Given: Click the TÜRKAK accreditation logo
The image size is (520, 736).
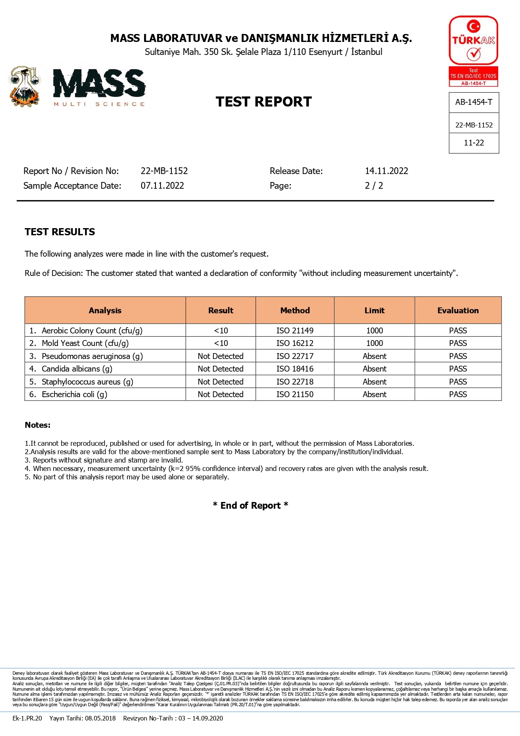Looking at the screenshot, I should point(473,51).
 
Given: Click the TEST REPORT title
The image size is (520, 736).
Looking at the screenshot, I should point(264,102).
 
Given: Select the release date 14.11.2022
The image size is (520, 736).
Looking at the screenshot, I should point(386,171).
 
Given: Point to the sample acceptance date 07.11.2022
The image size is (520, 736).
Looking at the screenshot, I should point(162,186).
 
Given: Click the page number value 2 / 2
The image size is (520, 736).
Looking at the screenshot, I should point(374,186).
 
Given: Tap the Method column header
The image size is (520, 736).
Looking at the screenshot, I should point(295,310).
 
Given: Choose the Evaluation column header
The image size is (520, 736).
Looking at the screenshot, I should point(458,310).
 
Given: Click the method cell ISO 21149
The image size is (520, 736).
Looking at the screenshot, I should point(295,330).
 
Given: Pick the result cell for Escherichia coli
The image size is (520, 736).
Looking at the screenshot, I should point(220,395).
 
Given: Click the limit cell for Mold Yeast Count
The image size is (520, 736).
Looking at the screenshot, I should point(374,343).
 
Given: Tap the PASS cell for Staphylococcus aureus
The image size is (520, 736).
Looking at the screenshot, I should point(458,382).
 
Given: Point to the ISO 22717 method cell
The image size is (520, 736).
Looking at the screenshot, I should point(295,356).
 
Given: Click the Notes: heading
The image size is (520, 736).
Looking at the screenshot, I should point(38,425).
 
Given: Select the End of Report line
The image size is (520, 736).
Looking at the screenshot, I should point(251,505).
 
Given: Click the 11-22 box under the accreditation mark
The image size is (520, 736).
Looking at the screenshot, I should point(473,143).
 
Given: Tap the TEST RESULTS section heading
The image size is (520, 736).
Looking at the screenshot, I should point(60,232).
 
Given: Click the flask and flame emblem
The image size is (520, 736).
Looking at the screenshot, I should point(25,87).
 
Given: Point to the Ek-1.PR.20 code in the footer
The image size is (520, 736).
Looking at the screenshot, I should point(27,718).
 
